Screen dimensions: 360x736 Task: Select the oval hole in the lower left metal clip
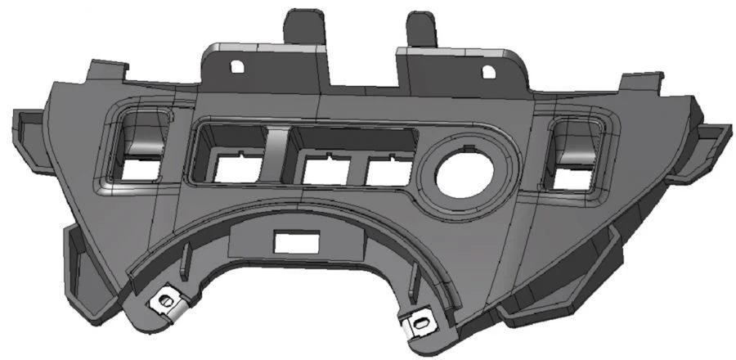(166, 302)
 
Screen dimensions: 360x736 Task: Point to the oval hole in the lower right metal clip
(420, 322)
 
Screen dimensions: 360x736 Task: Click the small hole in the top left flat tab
(236, 66)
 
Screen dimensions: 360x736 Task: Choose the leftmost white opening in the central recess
(237, 169)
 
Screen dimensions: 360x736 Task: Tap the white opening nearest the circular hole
(388, 173)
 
